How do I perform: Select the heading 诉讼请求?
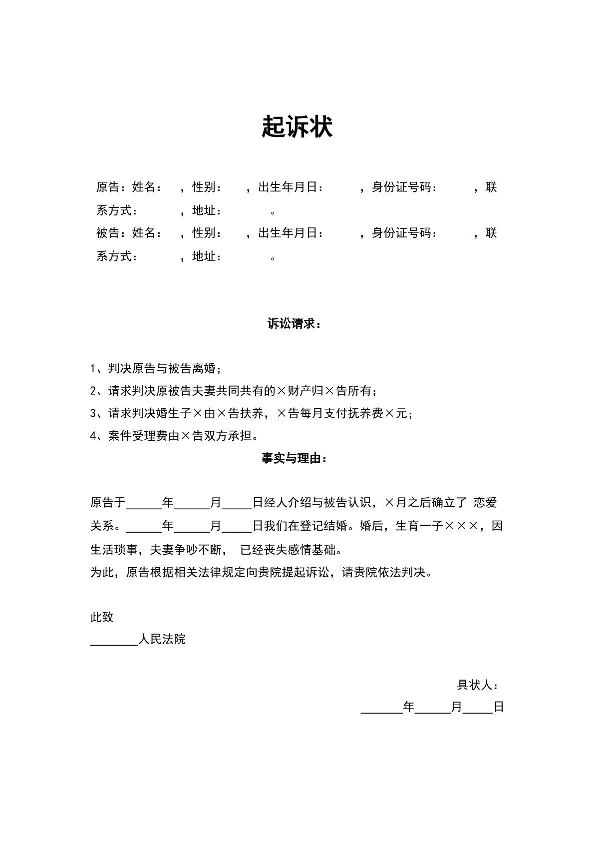pyautogui.click(x=294, y=324)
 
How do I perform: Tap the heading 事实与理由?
pyautogui.click(x=294, y=458)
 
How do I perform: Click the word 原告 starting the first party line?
pyautogui.click(x=108, y=187)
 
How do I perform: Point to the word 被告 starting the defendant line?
pyautogui.click(x=108, y=233)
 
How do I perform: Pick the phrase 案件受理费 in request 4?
pyautogui.click(x=138, y=436)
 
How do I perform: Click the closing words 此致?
pyautogui.click(x=102, y=617)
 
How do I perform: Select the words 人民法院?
pyautogui.click(x=162, y=639)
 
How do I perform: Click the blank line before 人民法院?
pyautogui.click(x=114, y=642)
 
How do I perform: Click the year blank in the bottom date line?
pyautogui.click(x=382, y=710)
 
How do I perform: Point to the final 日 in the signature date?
pyautogui.click(x=498, y=707)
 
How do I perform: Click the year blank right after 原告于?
pyautogui.click(x=144, y=505)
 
